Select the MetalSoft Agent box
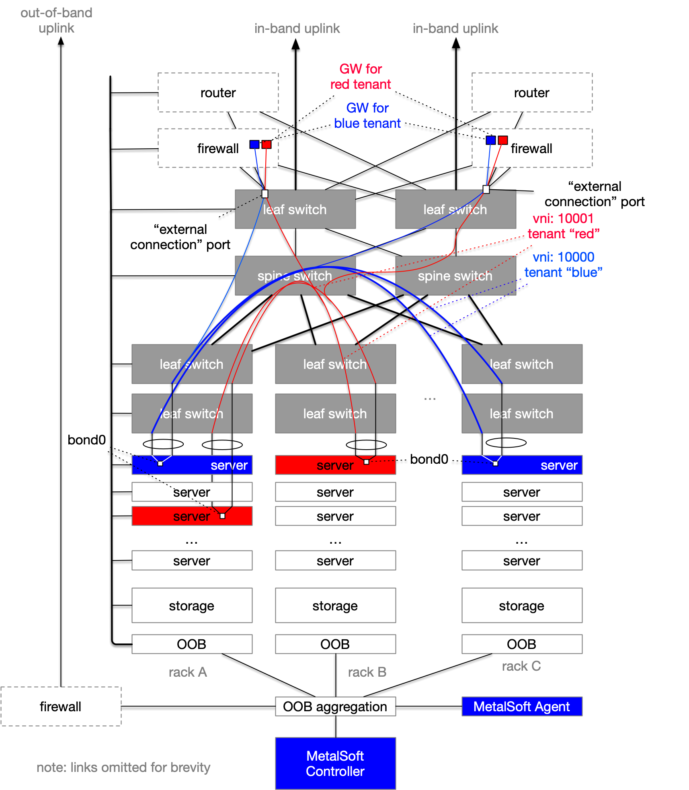[x=521, y=706]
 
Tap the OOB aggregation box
[x=335, y=706]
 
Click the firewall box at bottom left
[x=61, y=706]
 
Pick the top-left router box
[x=218, y=92]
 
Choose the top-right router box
[x=531, y=92]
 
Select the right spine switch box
[x=455, y=276]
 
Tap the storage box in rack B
[x=335, y=605]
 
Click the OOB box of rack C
[x=521, y=644]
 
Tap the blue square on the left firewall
[x=254, y=144]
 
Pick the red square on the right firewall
[x=502, y=140]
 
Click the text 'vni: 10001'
[x=563, y=218]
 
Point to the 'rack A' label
[x=188, y=672]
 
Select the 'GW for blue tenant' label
[x=367, y=115]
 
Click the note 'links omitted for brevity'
[x=123, y=767]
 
